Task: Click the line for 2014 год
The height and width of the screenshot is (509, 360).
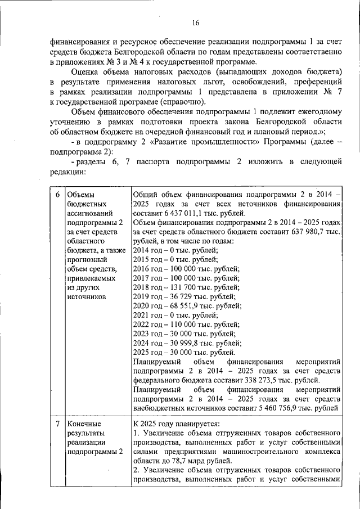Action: click(x=175, y=250)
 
